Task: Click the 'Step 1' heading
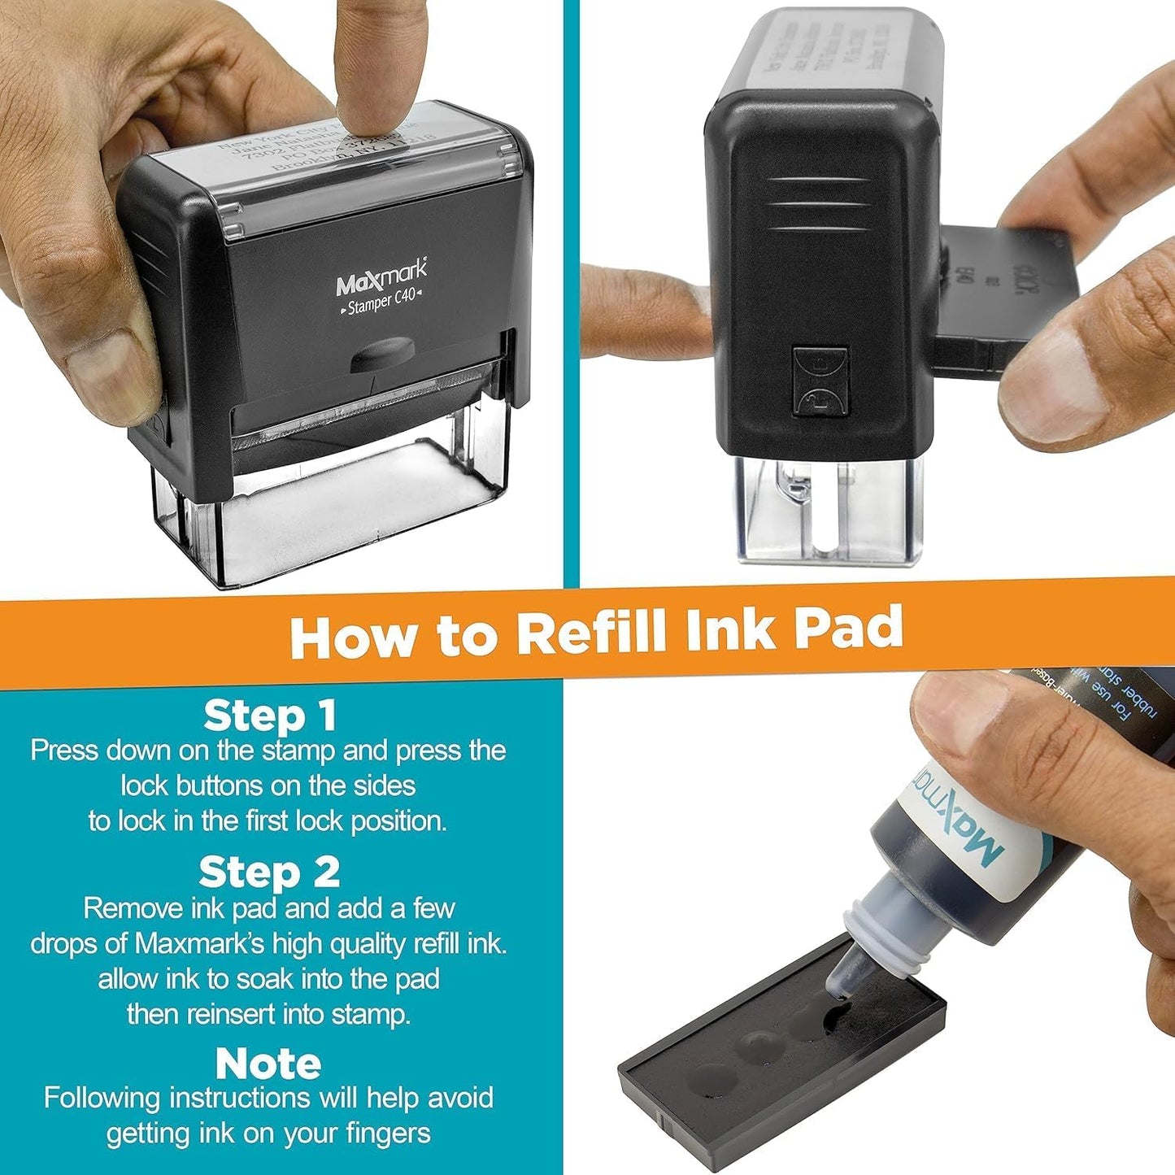click(269, 716)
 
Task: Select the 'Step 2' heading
click(269, 873)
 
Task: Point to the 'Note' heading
click(268, 1063)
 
